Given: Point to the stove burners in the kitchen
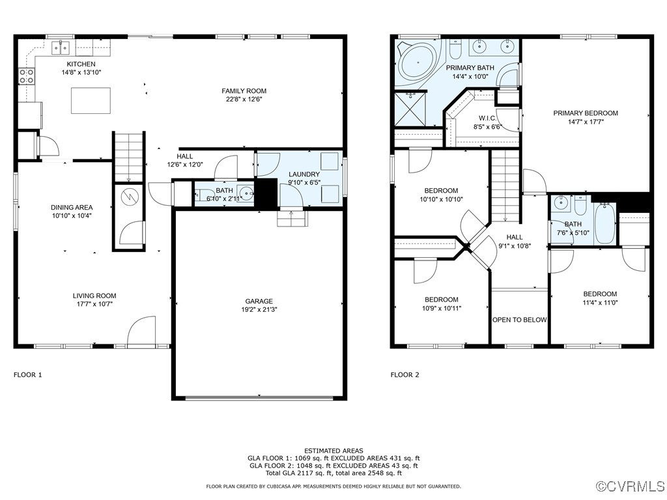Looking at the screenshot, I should click(27, 76).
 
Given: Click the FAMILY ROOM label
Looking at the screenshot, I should click(244, 90).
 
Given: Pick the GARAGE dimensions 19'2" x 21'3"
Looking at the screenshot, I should click(259, 310).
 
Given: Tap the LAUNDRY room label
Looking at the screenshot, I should click(304, 174).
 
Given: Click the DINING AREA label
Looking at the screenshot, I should click(72, 207).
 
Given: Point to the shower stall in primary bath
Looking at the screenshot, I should click(411, 109).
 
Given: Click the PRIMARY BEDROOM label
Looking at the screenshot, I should click(586, 113).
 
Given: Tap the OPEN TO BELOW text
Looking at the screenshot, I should click(519, 320).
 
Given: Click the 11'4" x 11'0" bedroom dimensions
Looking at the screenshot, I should click(600, 302).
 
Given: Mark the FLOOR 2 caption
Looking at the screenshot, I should click(404, 374).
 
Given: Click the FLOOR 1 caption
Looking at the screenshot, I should click(27, 374).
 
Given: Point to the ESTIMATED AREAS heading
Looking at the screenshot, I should click(333, 451).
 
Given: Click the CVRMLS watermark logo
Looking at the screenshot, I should click(631, 486).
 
